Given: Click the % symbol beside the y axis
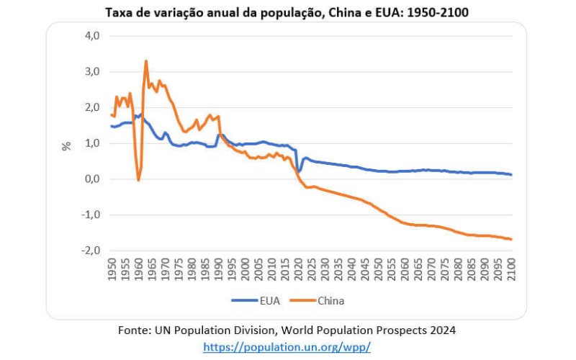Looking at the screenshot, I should coord(66,145).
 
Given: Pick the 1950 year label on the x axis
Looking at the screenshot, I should coord(112,271).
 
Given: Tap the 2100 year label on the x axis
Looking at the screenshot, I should coord(512,271).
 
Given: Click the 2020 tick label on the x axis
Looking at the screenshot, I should coord(299,271).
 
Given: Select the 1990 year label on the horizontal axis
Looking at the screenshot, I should coord(219,271).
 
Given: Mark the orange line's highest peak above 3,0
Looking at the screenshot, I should coord(146,61).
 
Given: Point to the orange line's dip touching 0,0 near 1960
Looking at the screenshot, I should coord(138,179).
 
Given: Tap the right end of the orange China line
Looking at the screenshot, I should coord(511,239).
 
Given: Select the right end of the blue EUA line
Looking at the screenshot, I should coord(511,174).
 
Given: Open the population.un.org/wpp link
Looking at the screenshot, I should coord(287,346).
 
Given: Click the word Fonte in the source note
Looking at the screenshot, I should coord(133,330).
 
